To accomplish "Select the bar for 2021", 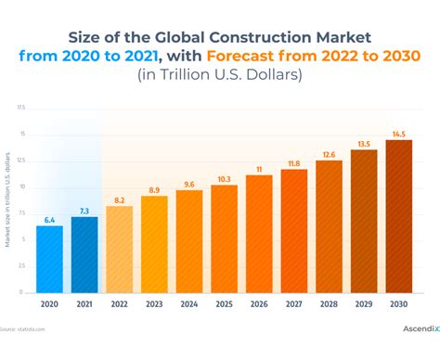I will (84, 254).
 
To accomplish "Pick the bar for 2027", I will (294, 231).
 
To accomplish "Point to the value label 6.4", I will (49, 219).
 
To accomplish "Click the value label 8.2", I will (120, 199).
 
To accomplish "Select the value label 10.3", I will (225, 178).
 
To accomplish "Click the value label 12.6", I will (330, 154).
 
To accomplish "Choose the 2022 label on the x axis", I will (120, 303).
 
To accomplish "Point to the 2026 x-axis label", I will (259, 303).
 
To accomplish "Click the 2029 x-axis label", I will (364, 303).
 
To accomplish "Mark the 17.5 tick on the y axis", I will (21, 108).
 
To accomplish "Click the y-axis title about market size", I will (8, 199).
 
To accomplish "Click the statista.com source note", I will (23, 329).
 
